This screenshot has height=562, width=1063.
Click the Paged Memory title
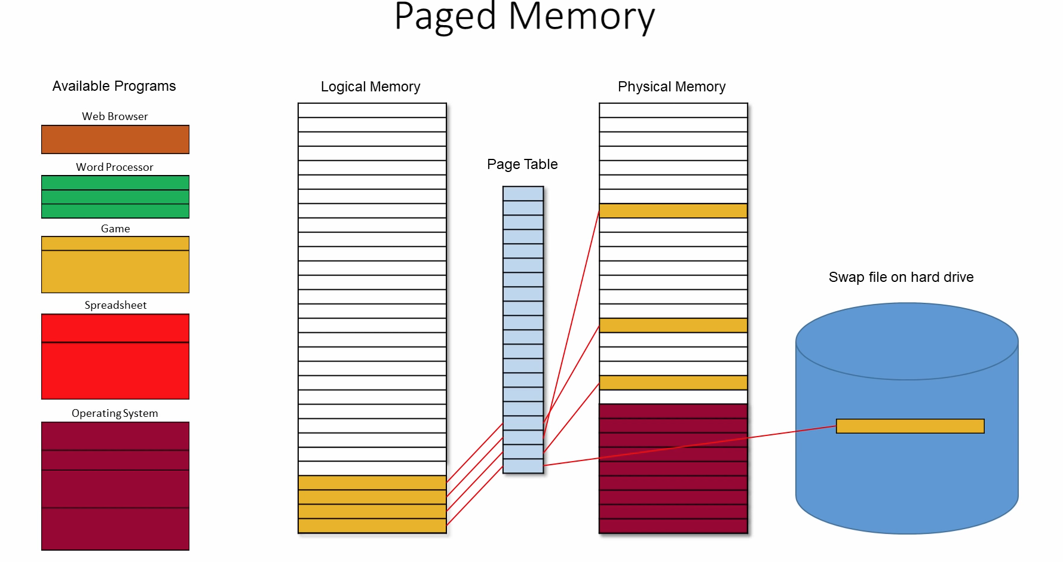click(525, 17)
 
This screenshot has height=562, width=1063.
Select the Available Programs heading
click(114, 86)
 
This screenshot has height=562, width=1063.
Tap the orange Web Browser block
click(115, 139)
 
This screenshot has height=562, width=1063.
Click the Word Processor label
click(115, 167)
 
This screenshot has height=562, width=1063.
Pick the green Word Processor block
click(115, 196)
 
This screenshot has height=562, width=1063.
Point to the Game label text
click(115, 229)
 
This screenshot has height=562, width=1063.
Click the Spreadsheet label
click(115, 305)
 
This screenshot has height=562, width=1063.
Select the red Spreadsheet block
click(115, 357)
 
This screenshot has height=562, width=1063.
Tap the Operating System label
click(115, 413)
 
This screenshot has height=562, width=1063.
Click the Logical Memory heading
click(370, 87)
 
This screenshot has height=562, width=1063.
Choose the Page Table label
click(522, 164)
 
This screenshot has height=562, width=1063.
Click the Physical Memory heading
click(672, 87)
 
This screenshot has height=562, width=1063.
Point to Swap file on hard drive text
click(901, 277)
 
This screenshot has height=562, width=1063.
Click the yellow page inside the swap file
click(910, 426)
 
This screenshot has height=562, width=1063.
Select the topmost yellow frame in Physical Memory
click(673, 211)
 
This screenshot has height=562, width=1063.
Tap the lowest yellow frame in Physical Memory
click(673, 383)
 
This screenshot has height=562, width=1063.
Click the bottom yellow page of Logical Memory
click(372, 526)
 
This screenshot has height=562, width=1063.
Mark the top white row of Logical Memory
click(372, 110)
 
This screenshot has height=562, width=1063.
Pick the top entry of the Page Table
click(523, 194)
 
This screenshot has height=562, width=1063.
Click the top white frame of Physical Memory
click(673, 110)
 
